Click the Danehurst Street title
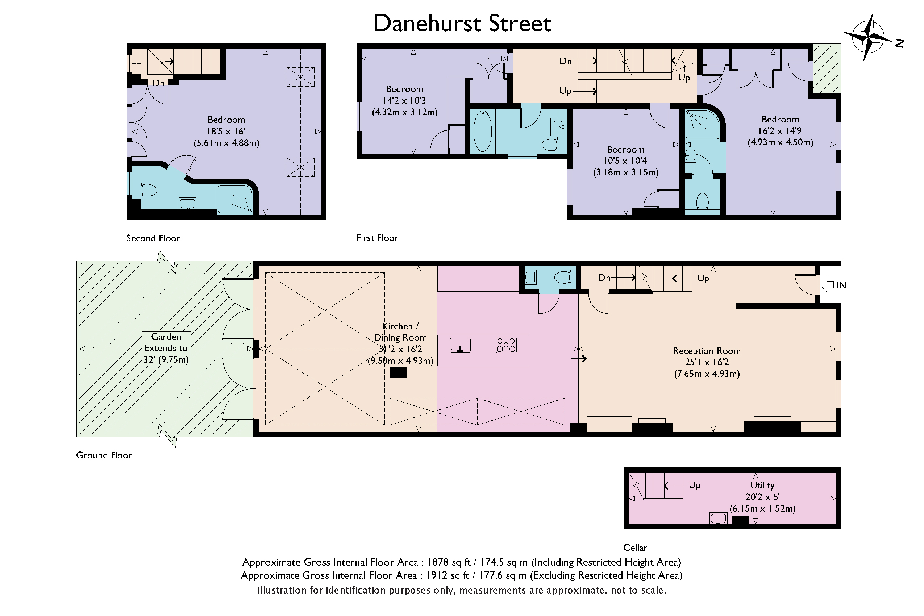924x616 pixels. [x=462, y=23]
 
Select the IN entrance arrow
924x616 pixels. [x=827, y=285]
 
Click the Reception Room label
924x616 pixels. [x=707, y=351]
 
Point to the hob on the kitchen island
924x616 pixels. [x=506, y=345]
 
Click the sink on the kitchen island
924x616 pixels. [x=460, y=345]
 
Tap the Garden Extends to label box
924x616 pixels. [x=166, y=349]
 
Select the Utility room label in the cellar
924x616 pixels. [x=762, y=485]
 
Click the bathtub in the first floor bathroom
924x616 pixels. [x=483, y=131]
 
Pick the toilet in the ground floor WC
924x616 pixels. [x=563, y=277]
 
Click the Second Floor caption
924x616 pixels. [x=153, y=238]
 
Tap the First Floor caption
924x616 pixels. [x=377, y=238]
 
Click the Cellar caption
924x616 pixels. [x=635, y=547]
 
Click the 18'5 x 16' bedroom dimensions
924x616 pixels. [x=226, y=131]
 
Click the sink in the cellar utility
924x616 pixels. [x=719, y=518]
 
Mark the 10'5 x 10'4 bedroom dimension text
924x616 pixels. [x=625, y=161]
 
